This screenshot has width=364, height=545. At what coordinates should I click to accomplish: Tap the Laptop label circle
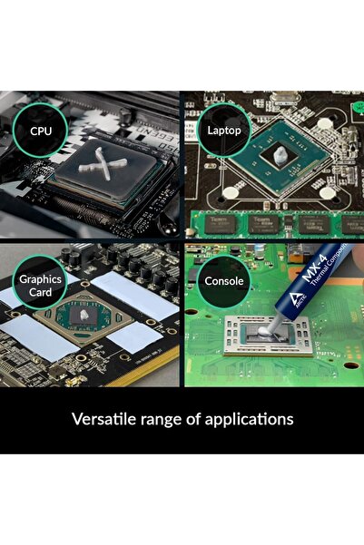(x=223, y=131)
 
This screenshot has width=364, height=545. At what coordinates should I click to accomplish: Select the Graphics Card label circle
(x=39, y=286)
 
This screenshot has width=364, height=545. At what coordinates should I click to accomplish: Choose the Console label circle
(x=223, y=281)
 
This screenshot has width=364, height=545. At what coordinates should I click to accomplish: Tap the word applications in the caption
(x=251, y=420)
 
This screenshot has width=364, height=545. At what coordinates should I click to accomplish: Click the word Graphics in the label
(x=39, y=279)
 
